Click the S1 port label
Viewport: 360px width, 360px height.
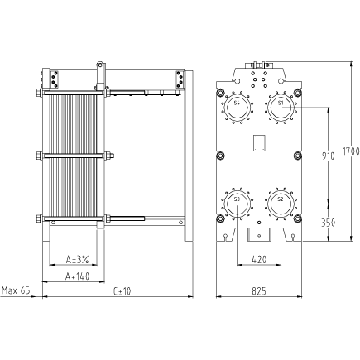281,103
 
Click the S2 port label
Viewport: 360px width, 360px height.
281,199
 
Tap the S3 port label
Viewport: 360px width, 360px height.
237,199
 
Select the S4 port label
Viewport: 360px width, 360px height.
237,103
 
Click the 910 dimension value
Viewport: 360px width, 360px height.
329,156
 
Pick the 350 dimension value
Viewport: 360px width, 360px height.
329,223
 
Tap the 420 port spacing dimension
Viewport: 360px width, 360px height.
259,259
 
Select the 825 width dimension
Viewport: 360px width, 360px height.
259,291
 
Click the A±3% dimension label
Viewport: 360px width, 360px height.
77,259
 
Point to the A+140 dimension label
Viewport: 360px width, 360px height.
77,276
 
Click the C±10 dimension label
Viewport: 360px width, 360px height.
122,291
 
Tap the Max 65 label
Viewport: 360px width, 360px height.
16,290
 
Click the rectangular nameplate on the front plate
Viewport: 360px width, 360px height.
259,143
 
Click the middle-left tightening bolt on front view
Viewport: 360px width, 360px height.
220,156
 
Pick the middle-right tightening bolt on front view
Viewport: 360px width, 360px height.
297,156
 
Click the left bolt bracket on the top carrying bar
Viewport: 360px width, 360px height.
54,79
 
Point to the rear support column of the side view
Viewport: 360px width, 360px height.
189,156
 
